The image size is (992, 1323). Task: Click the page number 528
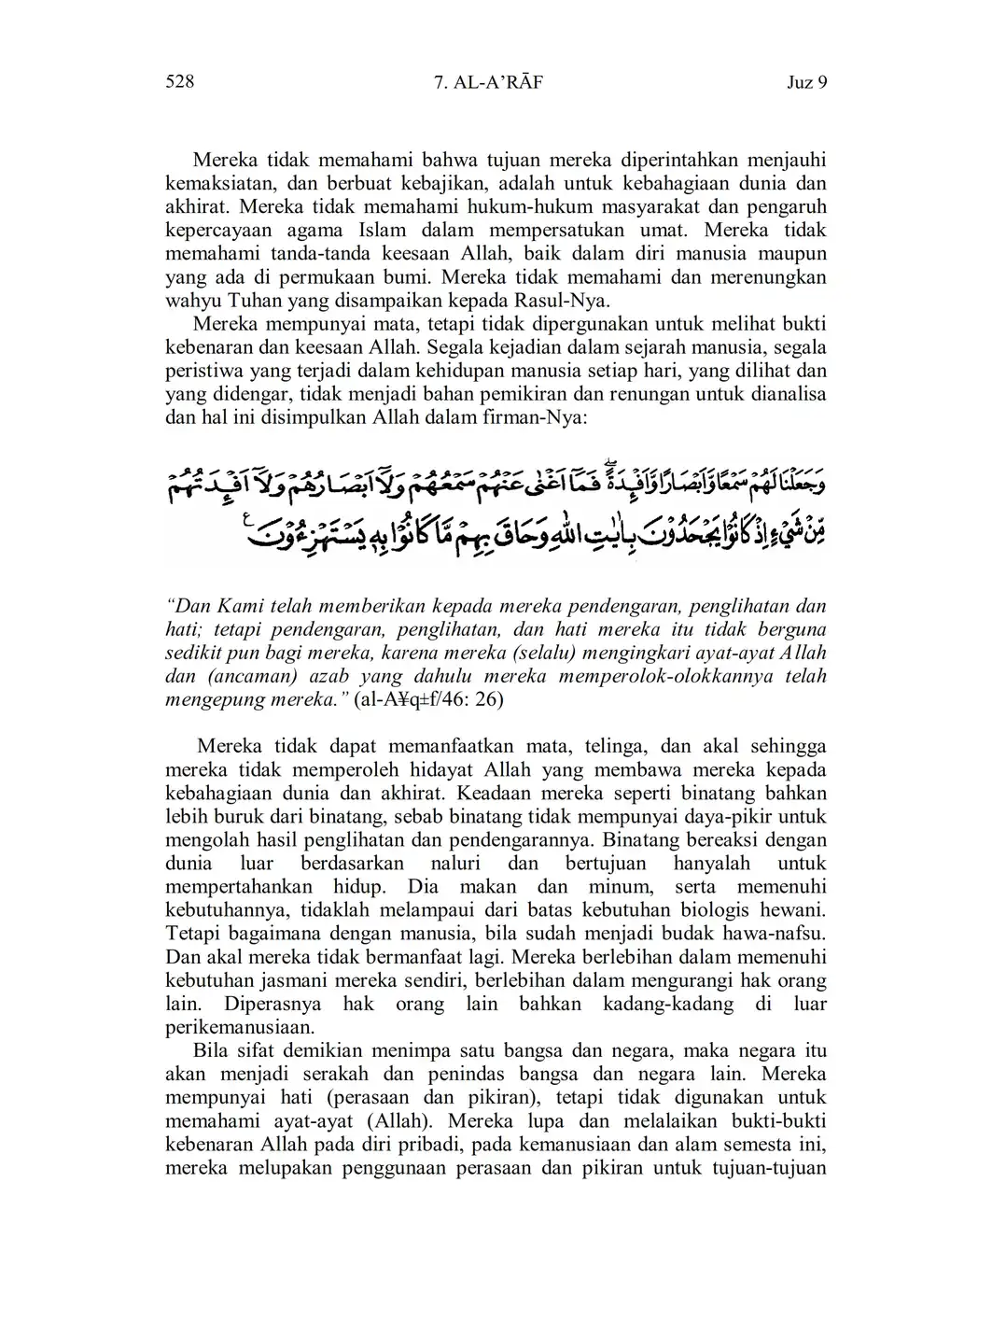pyautogui.click(x=179, y=82)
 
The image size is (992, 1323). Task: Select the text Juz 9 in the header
pyautogui.click(x=807, y=83)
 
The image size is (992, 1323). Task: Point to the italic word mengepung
pyautogui.click(x=208, y=700)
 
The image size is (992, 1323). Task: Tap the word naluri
pyautogui.click(x=456, y=864)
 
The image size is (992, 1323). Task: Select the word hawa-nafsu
pyautogui.click(x=774, y=934)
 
